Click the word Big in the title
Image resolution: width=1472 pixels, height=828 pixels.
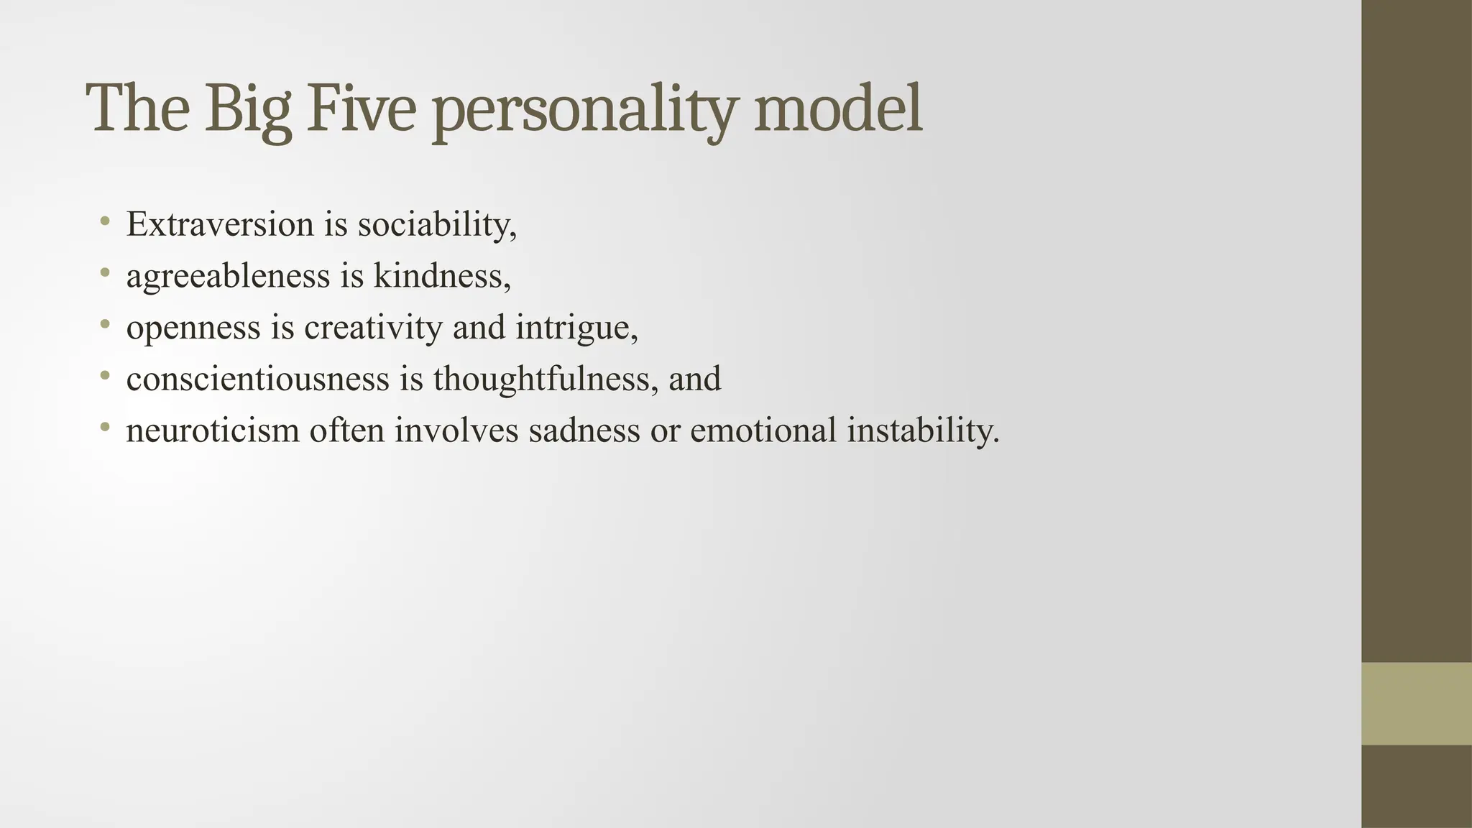249,109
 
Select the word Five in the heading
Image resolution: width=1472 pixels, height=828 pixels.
362,109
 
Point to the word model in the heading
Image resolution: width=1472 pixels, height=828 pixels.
837,109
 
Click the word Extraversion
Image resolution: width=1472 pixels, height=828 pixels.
220,224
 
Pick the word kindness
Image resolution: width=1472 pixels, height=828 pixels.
441,276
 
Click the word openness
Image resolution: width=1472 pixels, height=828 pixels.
193,328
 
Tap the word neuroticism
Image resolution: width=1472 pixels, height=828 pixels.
213,431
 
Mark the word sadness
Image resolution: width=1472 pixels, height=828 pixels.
584,431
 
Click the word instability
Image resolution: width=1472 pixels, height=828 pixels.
923,431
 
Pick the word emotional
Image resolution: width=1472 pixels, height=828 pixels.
763,431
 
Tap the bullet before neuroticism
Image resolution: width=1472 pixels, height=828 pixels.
106,428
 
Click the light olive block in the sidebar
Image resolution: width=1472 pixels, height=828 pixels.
1416,704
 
